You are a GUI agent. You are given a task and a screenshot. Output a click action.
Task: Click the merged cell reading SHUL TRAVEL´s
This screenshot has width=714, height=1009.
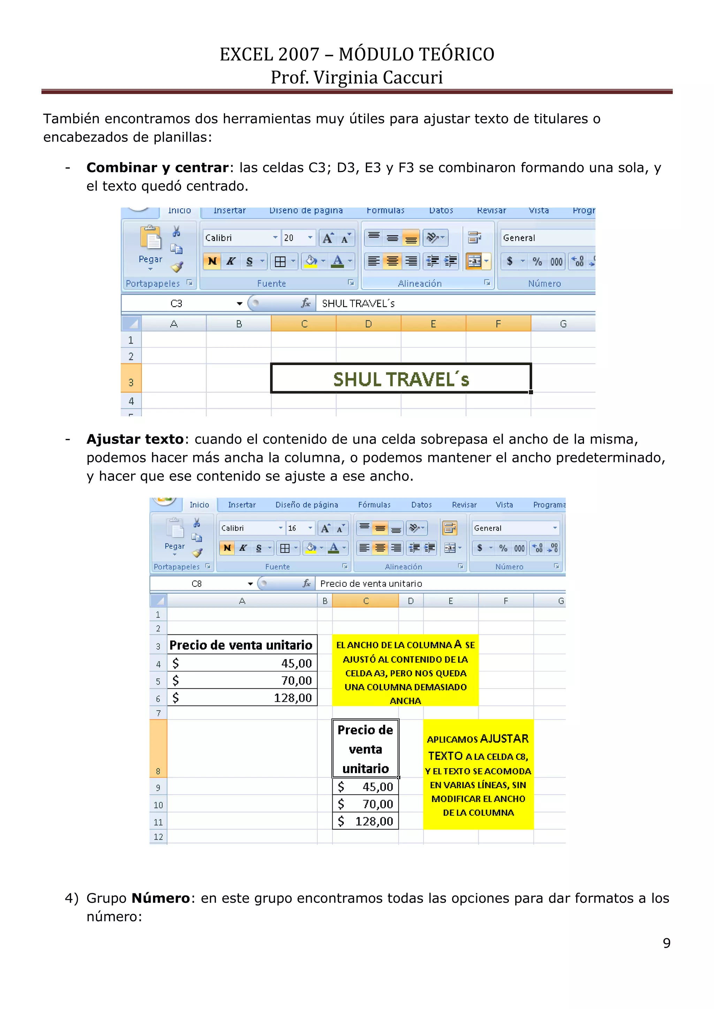(401, 379)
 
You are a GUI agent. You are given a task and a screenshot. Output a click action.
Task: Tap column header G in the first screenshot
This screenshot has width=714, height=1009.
(563, 324)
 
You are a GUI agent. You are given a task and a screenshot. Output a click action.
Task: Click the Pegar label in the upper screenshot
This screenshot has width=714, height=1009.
(150, 259)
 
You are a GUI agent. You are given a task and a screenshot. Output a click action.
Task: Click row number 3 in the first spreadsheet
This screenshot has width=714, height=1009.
(131, 382)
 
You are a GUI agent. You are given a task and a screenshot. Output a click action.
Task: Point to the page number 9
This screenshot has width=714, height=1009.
(667, 943)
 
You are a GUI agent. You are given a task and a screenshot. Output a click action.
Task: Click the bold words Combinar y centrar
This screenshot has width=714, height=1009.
(157, 168)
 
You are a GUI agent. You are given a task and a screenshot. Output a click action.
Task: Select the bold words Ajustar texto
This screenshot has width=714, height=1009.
(135, 439)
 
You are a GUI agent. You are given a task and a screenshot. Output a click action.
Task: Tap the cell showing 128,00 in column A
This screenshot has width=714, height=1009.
(242, 698)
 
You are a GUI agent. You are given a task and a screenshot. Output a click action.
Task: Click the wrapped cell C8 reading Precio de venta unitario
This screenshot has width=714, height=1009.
(365, 749)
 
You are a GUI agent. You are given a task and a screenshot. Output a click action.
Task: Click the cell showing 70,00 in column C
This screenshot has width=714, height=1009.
(365, 804)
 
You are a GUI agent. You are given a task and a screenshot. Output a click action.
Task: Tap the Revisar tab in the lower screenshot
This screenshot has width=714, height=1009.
(464, 505)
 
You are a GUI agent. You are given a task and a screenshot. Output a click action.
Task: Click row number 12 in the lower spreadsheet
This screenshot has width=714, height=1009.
(158, 837)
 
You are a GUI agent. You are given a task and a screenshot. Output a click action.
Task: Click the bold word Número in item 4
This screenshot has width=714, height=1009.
(160, 898)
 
